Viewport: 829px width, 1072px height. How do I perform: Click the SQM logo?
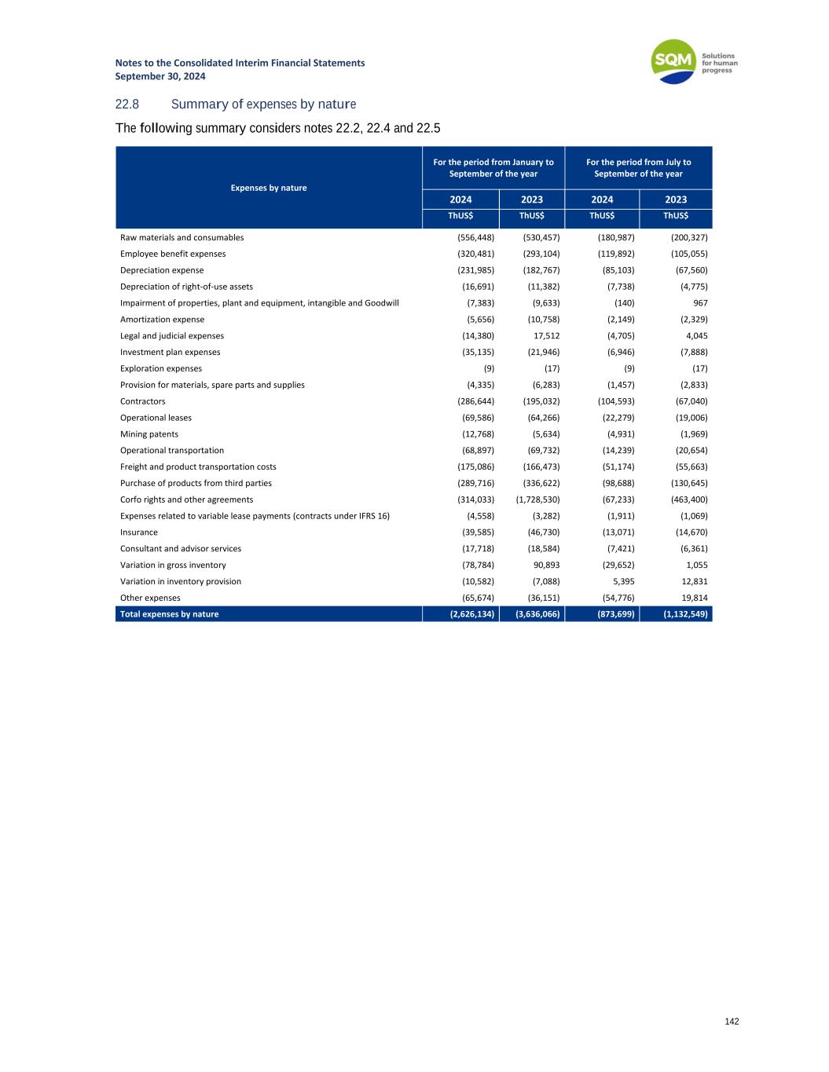tap(674, 61)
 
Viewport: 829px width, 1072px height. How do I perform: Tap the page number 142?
tap(732, 1022)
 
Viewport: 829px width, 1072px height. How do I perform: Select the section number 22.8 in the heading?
tap(127, 104)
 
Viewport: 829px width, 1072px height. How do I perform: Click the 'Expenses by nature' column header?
tap(269, 188)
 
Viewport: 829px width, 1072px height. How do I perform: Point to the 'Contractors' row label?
tap(143, 401)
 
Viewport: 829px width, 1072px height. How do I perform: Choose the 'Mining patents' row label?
tap(149, 434)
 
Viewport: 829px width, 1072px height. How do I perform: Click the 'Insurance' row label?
tap(139, 532)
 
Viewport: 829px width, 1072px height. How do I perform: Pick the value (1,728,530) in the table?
tap(537, 499)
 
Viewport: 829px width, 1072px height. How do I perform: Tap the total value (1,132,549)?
tap(677, 614)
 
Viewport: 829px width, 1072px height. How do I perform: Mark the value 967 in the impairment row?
tap(699, 303)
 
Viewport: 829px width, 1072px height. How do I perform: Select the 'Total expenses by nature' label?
tap(170, 614)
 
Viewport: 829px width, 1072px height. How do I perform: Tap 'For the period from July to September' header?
tap(638, 168)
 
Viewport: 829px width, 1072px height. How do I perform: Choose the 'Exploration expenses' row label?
tap(161, 368)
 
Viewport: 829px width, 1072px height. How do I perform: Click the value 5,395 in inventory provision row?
tap(623, 582)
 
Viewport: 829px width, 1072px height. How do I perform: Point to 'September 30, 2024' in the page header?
tap(160, 76)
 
